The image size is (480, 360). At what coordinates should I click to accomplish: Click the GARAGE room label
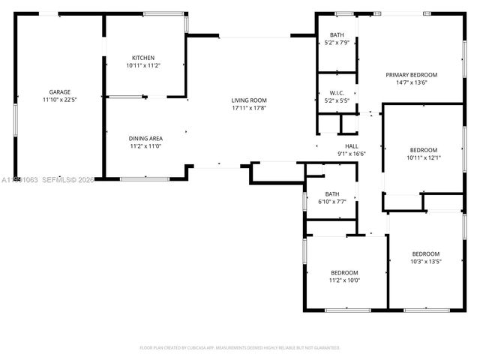tap(59, 91)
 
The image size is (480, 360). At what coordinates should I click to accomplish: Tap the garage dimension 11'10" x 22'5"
tap(59, 99)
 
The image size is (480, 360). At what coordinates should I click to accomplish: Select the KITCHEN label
tap(143, 58)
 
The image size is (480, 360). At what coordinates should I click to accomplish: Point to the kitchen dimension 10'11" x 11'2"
tap(143, 65)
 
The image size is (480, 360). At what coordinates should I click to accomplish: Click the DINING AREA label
tap(147, 138)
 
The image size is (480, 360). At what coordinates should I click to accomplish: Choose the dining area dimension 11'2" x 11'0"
tap(147, 145)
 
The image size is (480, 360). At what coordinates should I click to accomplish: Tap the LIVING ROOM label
tap(248, 100)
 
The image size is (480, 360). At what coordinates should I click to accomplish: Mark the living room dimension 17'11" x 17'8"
tap(248, 107)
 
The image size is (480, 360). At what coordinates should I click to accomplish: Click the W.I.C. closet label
tap(336, 92)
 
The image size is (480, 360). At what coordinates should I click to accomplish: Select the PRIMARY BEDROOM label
tap(411, 75)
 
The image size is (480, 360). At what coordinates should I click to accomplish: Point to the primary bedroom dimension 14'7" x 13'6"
tap(411, 82)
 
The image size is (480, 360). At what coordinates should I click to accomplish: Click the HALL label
tap(351, 146)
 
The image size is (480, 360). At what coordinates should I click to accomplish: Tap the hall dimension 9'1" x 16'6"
tap(351, 154)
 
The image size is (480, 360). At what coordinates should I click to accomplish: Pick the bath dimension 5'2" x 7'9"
tap(337, 43)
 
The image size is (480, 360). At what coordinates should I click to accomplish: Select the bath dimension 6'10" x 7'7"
tap(331, 201)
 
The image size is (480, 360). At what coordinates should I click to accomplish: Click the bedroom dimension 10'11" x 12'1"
tap(424, 157)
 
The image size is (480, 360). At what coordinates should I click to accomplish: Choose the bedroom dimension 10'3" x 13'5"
tap(425, 262)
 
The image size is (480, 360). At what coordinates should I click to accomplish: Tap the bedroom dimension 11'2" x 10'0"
tap(344, 280)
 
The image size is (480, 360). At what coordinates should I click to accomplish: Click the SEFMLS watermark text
tap(66, 179)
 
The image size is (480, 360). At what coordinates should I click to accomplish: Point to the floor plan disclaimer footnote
tap(240, 348)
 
